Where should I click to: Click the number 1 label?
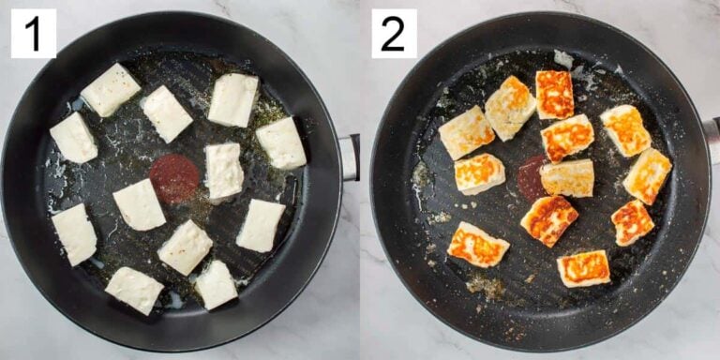click(33, 34)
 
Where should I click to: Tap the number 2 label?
click(393, 34)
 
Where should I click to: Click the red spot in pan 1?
click(174, 178)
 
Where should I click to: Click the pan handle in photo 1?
click(349, 157)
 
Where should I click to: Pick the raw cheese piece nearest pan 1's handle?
click(281, 142)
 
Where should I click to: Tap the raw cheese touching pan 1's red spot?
click(224, 171)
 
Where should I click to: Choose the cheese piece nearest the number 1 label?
click(111, 90)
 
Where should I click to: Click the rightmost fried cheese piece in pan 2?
click(648, 175)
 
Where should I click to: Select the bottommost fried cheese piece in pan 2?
click(583, 268)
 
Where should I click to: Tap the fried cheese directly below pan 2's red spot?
click(549, 220)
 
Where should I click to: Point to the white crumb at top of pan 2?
click(562, 59)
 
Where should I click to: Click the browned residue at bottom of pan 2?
click(485, 285)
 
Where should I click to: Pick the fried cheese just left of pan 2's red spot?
click(479, 173)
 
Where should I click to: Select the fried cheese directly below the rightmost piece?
click(632, 222)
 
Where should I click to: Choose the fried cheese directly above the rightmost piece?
click(625, 130)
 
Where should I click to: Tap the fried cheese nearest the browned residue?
click(477, 245)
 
